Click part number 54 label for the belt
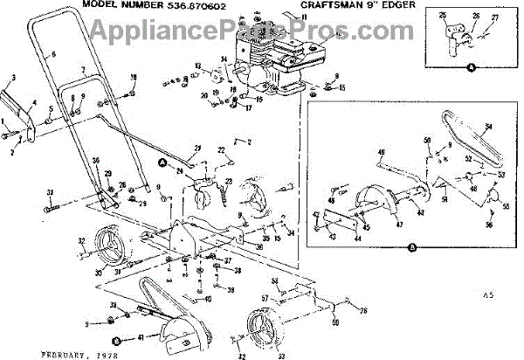487,128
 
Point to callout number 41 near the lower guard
142,336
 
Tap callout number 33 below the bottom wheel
279,356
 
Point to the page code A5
486,295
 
